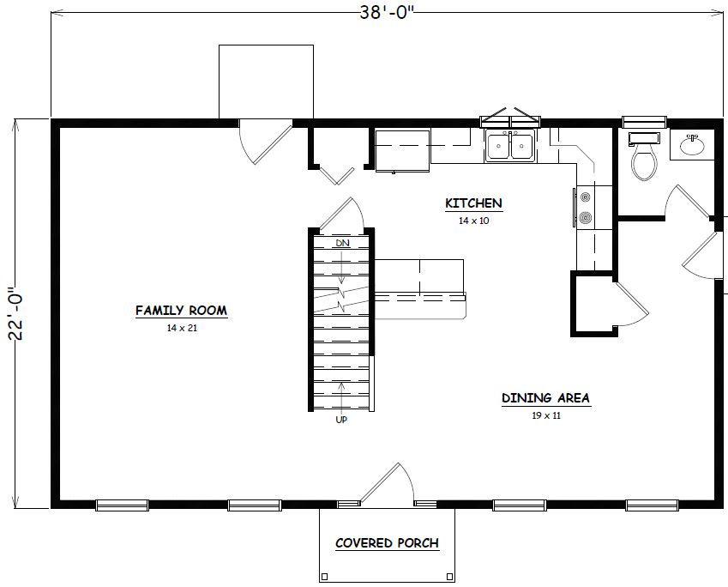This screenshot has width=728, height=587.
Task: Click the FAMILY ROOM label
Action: click(182, 311)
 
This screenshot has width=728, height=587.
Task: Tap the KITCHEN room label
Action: click(473, 203)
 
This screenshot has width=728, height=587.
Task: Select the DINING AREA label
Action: click(546, 398)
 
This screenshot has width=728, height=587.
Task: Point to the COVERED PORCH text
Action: click(388, 543)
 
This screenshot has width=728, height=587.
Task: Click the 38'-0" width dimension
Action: click(386, 13)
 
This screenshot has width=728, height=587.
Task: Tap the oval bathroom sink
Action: click(692, 146)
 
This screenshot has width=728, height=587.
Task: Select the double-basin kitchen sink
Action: click(510, 146)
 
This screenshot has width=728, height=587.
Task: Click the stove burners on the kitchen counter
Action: click(586, 208)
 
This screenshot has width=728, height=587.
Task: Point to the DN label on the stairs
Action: click(343, 243)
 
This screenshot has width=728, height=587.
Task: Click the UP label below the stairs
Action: click(341, 420)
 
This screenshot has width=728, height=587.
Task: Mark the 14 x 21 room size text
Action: click(182, 328)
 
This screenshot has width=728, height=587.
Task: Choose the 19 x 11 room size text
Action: click(546, 415)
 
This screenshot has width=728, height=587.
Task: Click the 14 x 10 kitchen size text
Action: click(474, 221)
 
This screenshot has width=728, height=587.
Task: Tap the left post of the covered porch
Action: click(324, 577)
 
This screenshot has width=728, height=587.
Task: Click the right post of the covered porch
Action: click(449, 577)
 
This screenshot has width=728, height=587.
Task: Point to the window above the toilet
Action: click(644, 121)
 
